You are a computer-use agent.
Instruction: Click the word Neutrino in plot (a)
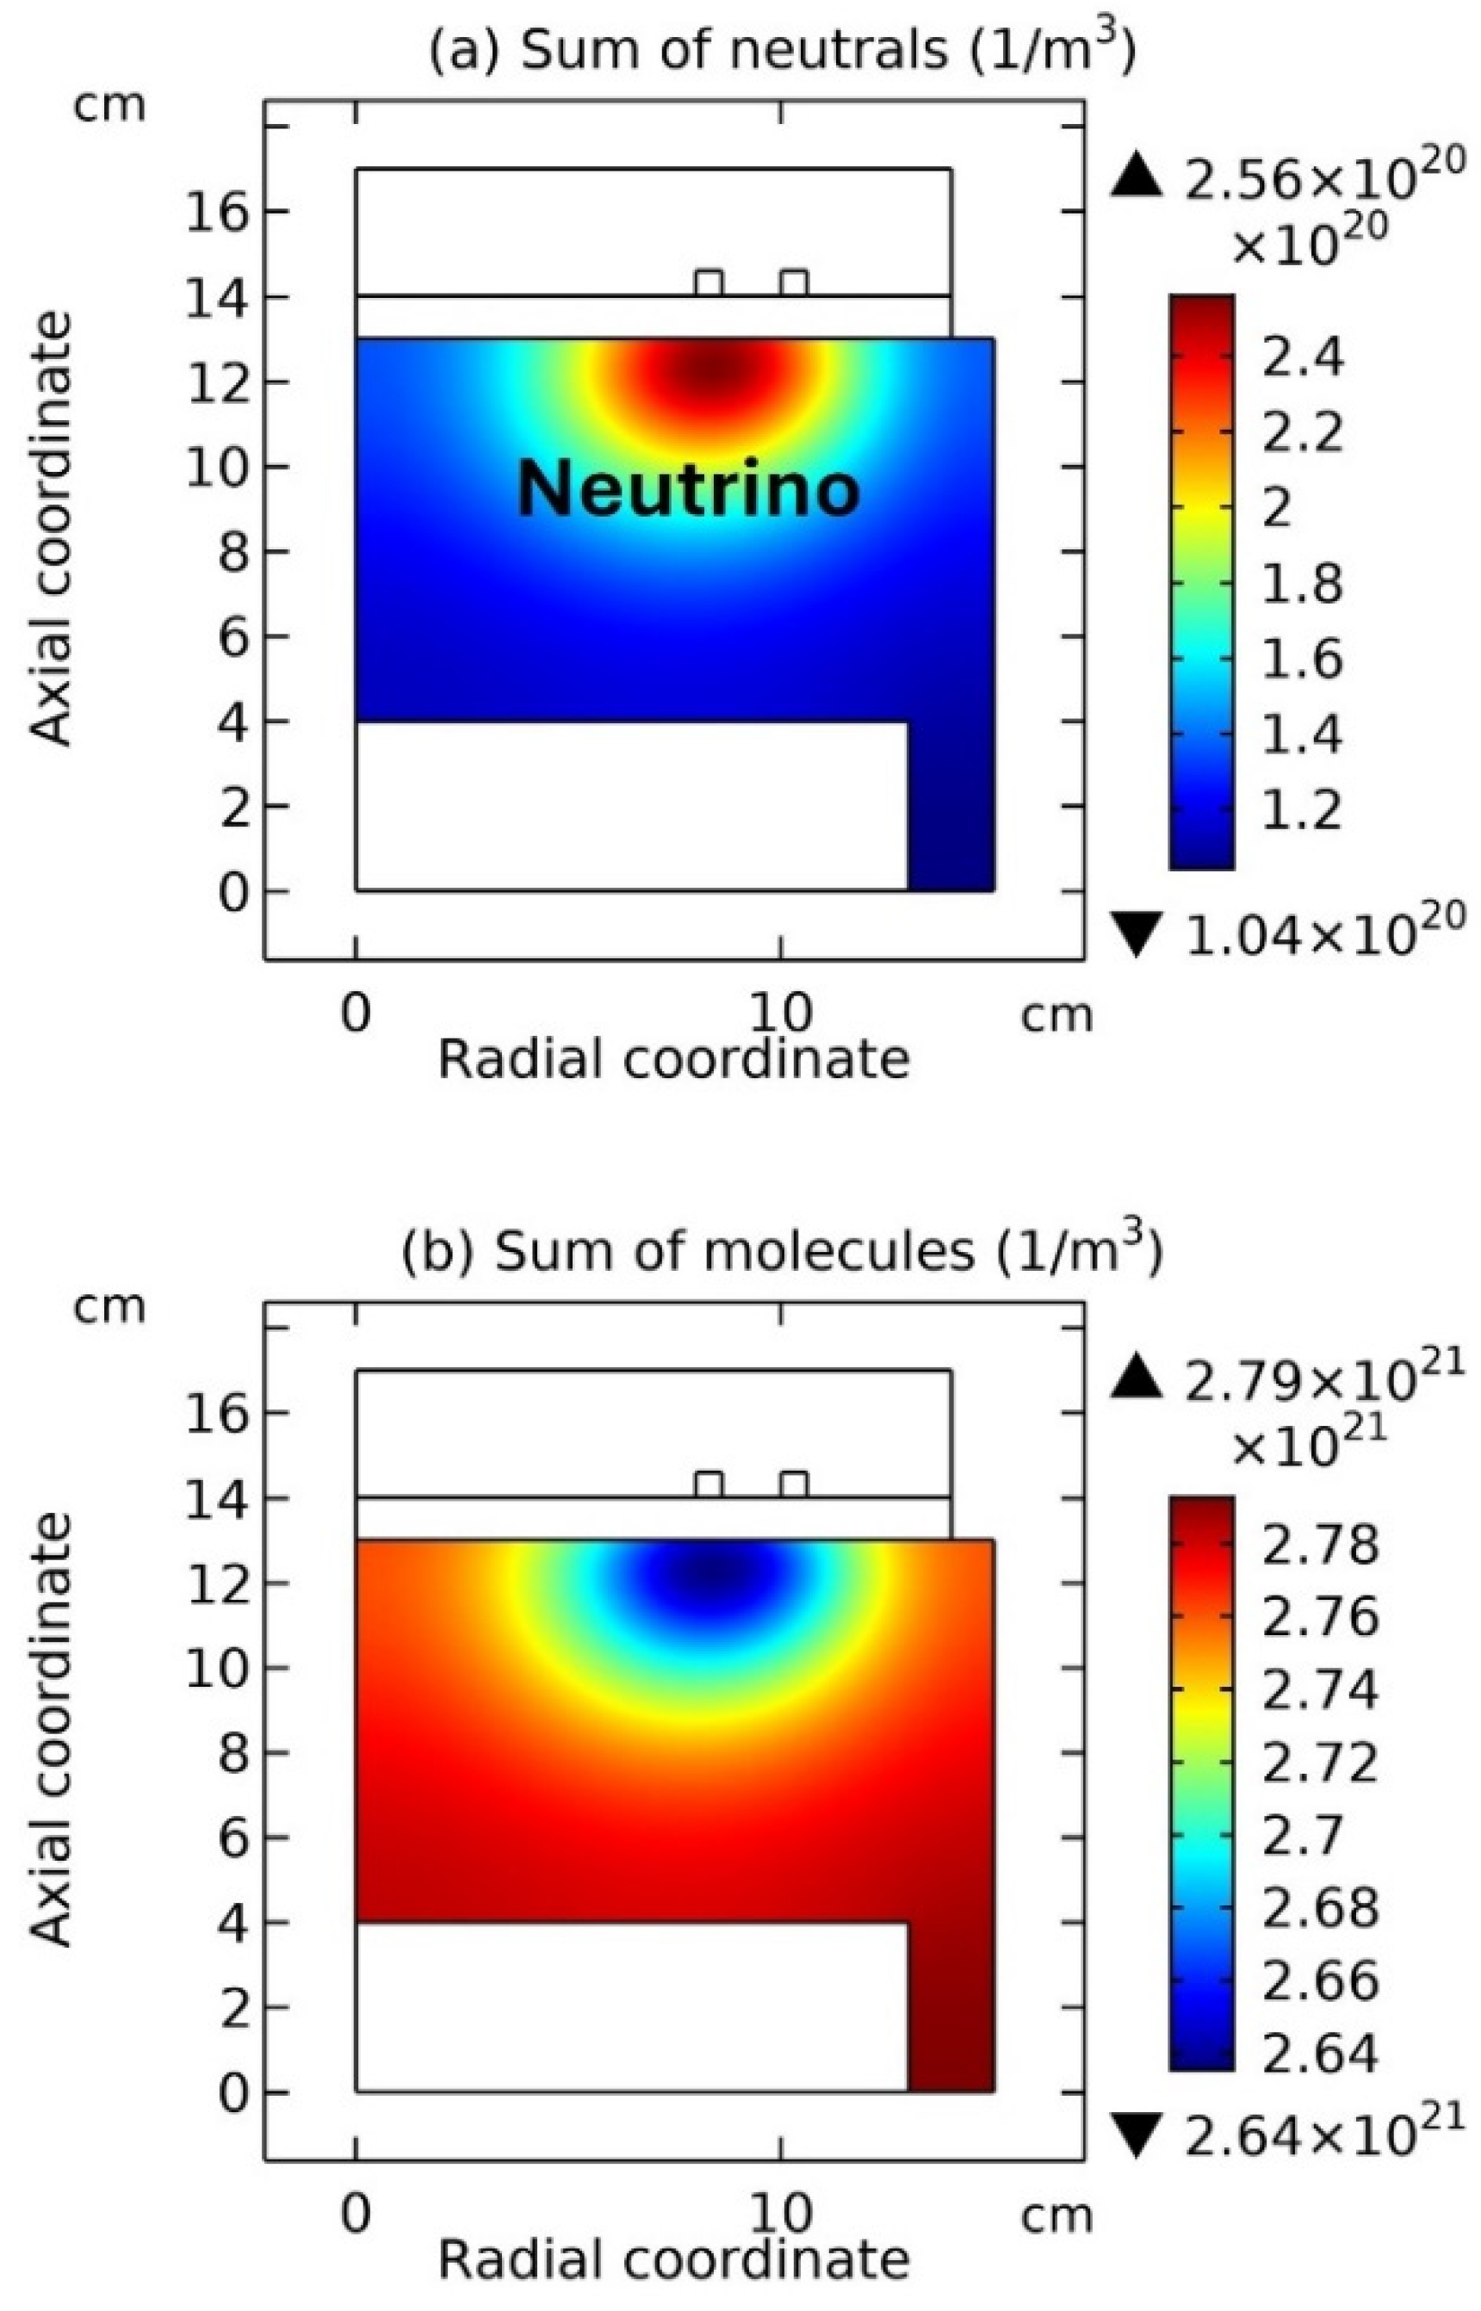688,488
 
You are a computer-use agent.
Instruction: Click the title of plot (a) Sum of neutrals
781,50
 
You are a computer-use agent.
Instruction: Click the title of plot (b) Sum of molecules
781,1251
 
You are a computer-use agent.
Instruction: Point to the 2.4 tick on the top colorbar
1301,359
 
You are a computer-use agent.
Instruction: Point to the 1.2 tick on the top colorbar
1301,809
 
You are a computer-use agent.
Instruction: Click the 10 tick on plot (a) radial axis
779,1012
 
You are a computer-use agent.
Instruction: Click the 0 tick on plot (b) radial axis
356,2214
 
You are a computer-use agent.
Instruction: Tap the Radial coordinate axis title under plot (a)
673,1060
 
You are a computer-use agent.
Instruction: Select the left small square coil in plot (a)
709,282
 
